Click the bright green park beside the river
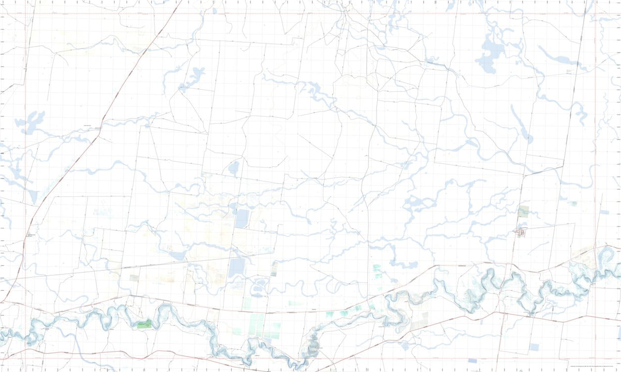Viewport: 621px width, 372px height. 144,324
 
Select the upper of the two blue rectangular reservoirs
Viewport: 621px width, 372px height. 241,218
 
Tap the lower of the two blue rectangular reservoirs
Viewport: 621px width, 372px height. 237,267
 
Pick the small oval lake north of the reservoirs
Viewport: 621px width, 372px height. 234,168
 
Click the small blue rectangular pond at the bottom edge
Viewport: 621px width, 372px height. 472,362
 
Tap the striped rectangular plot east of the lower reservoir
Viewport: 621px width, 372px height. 274,268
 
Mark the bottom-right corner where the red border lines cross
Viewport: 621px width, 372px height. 595,358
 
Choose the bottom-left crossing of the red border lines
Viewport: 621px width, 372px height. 25,358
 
